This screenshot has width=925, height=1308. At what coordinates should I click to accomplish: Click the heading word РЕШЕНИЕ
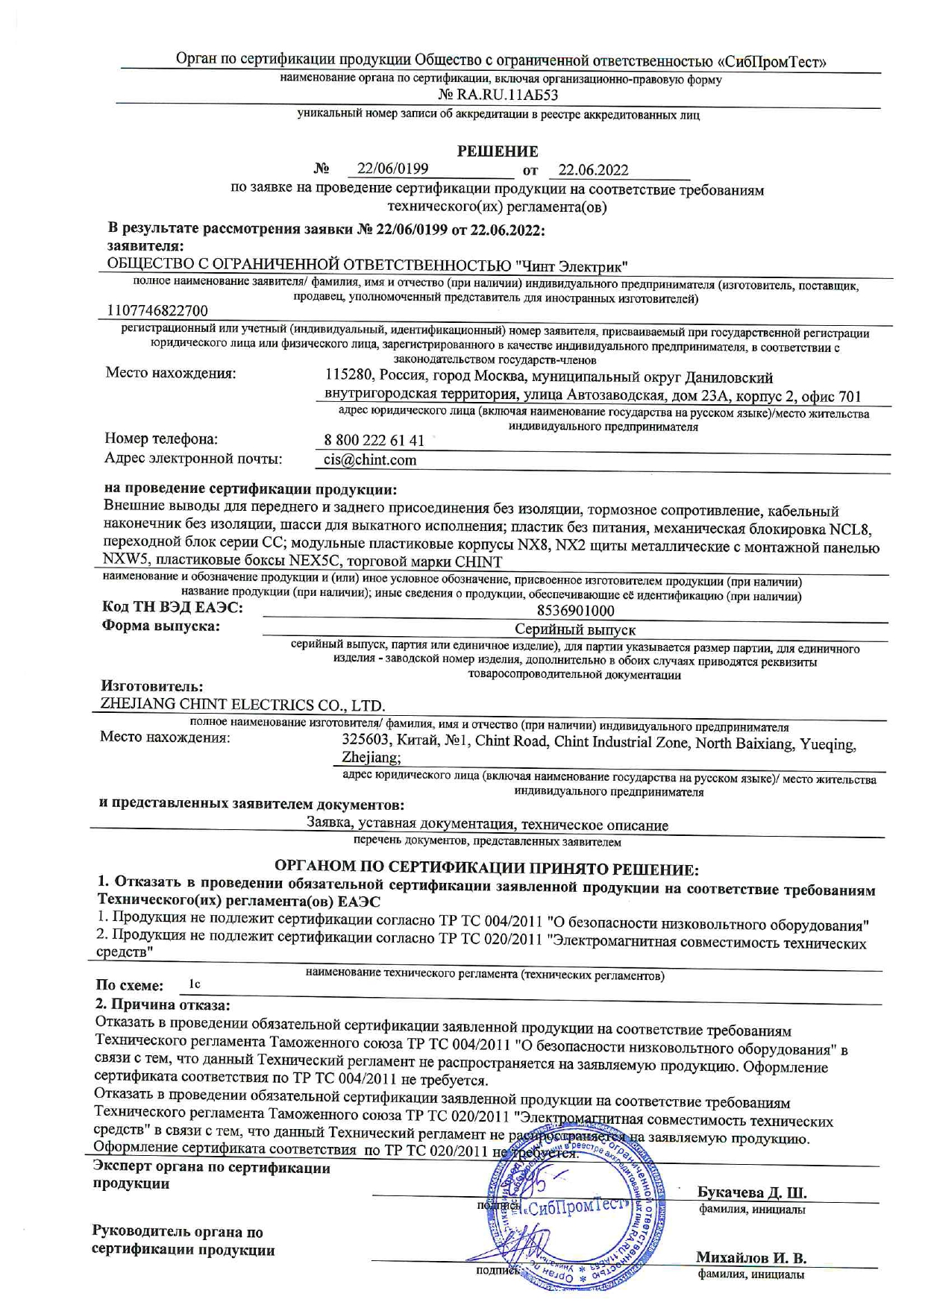pos(497,151)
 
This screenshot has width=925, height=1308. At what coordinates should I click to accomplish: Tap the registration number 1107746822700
pos(157,310)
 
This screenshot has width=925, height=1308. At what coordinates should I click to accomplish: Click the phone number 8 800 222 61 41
pos(374,440)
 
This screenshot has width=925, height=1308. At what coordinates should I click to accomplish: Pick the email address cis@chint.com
pos(370,460)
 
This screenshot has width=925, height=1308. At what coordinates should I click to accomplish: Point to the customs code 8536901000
pos(575,611)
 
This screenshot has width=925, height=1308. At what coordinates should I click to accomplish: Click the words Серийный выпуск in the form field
pos(575,629)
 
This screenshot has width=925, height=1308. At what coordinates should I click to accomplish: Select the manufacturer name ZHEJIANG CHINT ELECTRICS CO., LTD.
pos(242,705)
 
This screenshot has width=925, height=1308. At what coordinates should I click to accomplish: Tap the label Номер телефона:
pos(161,438)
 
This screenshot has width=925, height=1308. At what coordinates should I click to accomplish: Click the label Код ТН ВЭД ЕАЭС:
pos(172,608)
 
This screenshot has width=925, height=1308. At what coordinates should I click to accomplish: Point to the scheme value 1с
pos(195,984)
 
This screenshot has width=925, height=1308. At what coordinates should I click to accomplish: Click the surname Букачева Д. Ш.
pos(751,1192)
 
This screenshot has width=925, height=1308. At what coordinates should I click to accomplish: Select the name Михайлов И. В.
pos(750,1257)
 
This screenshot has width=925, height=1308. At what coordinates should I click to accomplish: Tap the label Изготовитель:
pos(152,686)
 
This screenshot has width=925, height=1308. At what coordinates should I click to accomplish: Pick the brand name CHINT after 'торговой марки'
pos(478,562)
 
